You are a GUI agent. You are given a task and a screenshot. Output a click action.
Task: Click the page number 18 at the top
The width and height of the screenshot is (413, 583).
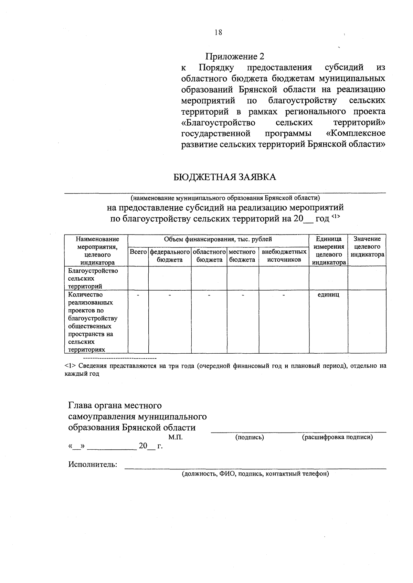(218, 32)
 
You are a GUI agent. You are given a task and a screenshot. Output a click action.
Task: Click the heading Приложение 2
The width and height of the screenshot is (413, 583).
(236, 56)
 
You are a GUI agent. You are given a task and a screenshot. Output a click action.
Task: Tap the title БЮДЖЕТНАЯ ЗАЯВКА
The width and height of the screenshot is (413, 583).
(224, 177)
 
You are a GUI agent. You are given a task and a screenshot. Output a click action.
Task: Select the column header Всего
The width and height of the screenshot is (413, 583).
(138, 252)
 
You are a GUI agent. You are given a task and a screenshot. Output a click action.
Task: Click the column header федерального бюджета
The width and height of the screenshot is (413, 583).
(170, 256)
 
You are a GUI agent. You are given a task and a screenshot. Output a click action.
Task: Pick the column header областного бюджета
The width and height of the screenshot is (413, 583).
(209, 256)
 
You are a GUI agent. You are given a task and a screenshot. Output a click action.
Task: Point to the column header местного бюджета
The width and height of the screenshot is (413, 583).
(242, 256)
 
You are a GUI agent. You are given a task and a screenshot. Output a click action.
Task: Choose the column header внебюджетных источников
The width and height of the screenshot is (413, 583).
(284, 256)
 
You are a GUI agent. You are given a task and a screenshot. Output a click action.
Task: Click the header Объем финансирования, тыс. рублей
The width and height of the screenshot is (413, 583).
(218, 239)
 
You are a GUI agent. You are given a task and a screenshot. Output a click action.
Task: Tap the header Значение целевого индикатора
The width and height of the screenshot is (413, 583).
(367, 247)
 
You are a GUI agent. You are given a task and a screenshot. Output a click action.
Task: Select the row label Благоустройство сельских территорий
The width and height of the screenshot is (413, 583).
(93, 278)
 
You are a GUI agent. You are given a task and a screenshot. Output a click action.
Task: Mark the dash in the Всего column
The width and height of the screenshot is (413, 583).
(138, 295)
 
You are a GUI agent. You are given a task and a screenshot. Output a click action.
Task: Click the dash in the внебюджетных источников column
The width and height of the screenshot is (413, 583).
(284, 295)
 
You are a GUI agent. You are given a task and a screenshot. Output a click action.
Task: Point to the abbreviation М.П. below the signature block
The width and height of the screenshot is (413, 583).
(176, 437)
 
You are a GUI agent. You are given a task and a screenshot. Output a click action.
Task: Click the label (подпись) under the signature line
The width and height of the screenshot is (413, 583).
(250, 437)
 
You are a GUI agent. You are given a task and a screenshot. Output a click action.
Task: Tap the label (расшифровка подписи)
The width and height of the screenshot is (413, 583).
(337, 437)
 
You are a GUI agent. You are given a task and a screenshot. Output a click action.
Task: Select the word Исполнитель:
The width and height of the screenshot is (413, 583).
(93, 465)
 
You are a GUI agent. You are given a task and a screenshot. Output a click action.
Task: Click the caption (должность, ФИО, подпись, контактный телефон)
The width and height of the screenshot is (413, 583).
(255, 474)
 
